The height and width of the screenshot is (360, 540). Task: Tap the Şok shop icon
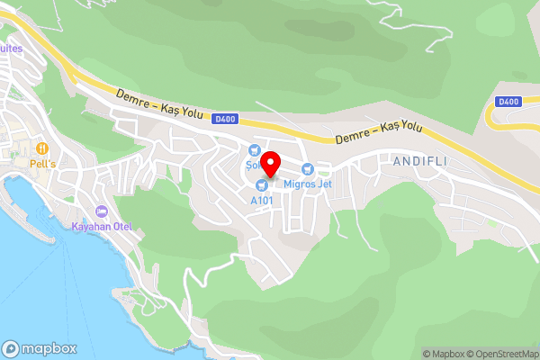(x=254, y=150)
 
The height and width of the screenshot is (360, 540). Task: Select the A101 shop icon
(x=262, y=184)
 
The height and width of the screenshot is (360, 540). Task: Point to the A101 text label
(x=262, y=200)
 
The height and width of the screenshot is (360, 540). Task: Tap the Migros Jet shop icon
(x=308, y=168)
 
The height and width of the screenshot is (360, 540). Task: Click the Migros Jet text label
(x=308, y=184)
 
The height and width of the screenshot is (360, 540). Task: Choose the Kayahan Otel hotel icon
(x=101, y=211)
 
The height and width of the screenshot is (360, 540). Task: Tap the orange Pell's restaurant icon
(x=41, y=148)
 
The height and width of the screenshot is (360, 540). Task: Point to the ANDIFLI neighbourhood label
(x=419, y=161)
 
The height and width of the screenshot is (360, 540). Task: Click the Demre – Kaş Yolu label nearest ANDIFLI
(x=378, y=132)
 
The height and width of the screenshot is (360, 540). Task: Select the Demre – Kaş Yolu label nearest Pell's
(x=159, y=103)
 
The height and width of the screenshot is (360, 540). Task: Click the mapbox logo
(x=39, y=348)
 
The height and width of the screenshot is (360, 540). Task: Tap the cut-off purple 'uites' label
(x=10, y=49)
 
